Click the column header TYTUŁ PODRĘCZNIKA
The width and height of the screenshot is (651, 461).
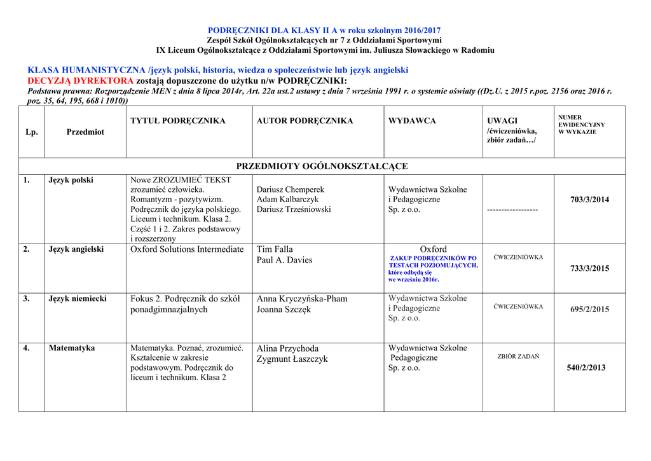pos(177,121)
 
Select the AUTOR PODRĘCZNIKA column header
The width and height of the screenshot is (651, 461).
pos(305,121)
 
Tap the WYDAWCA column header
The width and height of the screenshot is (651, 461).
pos(412,121)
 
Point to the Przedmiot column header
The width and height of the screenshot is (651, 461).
pos(85,132)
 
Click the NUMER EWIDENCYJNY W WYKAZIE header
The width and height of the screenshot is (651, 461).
pos(581,125)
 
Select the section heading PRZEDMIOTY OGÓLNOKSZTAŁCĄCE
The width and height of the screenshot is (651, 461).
pos(322,167)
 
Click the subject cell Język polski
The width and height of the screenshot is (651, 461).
pos(71,180)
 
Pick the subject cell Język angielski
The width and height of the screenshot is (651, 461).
pos(76,249)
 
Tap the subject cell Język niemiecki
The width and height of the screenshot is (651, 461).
pos(78,298)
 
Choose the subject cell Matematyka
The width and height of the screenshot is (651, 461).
pos(72,348)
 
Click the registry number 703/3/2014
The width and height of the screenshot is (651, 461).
pos(589,200)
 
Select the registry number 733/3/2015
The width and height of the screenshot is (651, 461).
pos(589,268)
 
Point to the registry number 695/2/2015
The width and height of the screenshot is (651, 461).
pos(589,310)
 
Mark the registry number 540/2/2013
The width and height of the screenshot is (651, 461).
pos(586,368)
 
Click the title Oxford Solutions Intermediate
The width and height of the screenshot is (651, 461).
pos(187,249)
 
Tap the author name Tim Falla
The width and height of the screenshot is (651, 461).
pos(275,249)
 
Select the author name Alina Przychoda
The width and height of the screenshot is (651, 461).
pos(287,348)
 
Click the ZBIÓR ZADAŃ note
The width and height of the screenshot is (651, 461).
pos(518,357)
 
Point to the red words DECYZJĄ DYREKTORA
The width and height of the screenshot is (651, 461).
pos(80,81)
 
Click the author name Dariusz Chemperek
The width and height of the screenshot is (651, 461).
pos(291,189)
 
